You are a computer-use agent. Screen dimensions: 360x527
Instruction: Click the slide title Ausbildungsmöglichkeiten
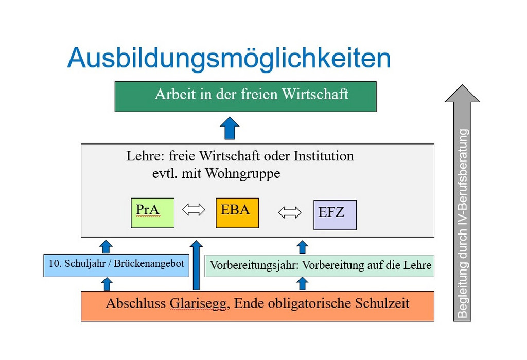click(229, 58)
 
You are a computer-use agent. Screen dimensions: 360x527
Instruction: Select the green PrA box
click(152, 212)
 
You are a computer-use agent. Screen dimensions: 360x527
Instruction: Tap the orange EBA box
click(237, 212)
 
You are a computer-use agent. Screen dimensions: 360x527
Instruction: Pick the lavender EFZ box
click(335, 215)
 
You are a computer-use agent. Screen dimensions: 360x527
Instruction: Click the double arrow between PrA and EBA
click(194, 210)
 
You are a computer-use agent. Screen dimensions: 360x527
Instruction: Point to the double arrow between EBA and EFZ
click(290, 212)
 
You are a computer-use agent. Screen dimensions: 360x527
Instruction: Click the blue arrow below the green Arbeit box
click(230, 128)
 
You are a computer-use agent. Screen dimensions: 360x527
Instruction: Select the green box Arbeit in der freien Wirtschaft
click(245, 96)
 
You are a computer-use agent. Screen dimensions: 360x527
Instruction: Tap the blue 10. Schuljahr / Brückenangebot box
click(116, 265)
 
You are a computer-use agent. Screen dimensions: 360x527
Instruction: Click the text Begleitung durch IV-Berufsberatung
click(463, 223)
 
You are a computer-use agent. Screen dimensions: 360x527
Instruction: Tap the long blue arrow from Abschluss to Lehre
click(196, 265)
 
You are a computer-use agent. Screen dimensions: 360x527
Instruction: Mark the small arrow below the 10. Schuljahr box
click(106, 283)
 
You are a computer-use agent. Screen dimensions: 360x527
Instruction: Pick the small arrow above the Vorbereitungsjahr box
click(302, 246)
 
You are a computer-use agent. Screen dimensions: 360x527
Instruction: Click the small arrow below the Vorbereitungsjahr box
click(302, 283)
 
